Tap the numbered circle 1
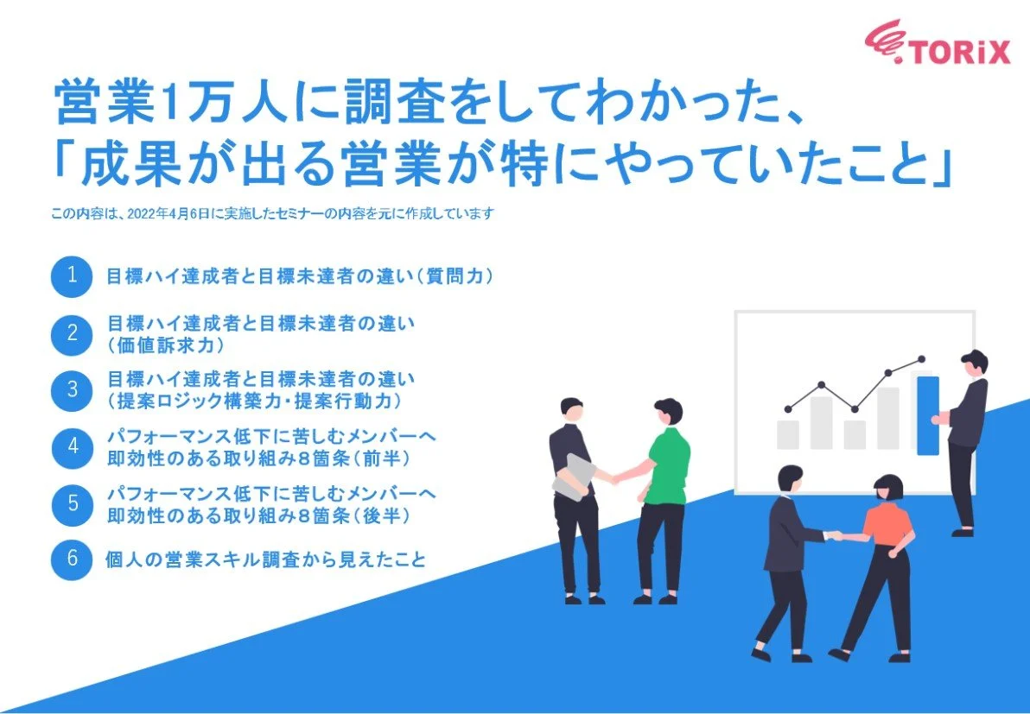coord(72,276)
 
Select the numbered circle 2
coord(72,333)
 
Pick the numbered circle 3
coord(72,389)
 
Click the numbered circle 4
coord(72,446)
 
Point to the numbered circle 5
coord(72,502)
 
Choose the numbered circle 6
coord(72,559)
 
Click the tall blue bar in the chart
coord(927,414)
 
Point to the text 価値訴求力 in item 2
coord(166,345)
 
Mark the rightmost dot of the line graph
coord(921,359)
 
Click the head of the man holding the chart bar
coord(975,362)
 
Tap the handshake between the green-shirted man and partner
coord(615,476)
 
